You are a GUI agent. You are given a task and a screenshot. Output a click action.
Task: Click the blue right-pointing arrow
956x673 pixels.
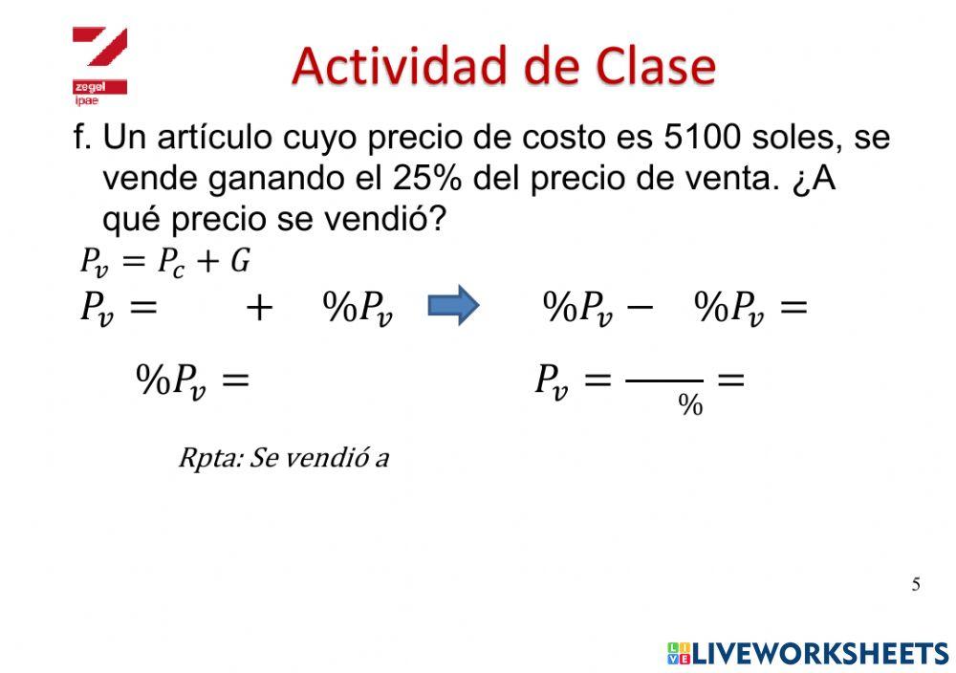coord(452,306)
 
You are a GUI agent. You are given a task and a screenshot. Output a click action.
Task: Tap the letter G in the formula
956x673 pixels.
coord(240,259)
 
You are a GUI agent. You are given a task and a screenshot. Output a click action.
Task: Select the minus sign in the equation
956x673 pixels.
coord(641,307)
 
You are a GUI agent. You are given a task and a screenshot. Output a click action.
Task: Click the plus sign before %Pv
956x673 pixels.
coord(259,308)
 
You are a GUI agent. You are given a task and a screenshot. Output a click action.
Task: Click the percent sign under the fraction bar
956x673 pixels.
coord(690,406)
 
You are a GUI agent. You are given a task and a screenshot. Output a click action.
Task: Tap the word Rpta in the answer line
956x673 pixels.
coord(206,458)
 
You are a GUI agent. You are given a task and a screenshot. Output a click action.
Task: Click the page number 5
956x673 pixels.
coord(916,584)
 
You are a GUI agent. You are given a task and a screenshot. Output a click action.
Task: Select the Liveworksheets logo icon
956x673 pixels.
coord(679,653)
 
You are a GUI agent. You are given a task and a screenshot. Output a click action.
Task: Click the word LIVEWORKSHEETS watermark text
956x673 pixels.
coord(820,653)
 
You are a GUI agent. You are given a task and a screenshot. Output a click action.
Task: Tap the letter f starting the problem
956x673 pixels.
coord(80,138)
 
